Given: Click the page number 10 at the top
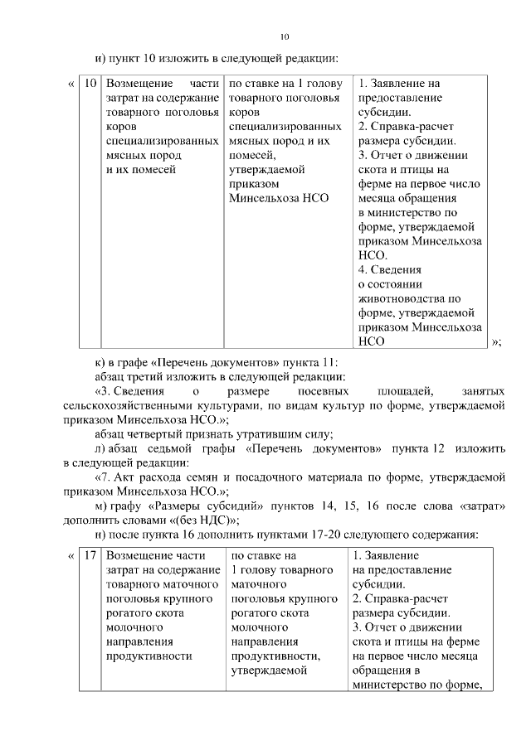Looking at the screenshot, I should [x=284, y=36].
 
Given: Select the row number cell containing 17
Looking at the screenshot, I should [x=91, y=554].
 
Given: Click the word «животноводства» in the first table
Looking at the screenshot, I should [x=398, y=298].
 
